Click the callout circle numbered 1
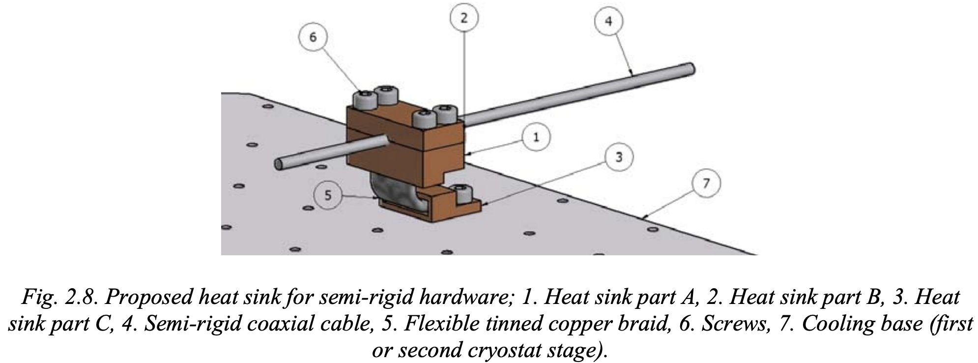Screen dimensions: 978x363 click(536, 137)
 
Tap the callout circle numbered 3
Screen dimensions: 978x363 click(618, 157)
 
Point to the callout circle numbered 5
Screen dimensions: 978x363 click(328, 195)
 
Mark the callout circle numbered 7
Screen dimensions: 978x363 click(706, 183)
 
